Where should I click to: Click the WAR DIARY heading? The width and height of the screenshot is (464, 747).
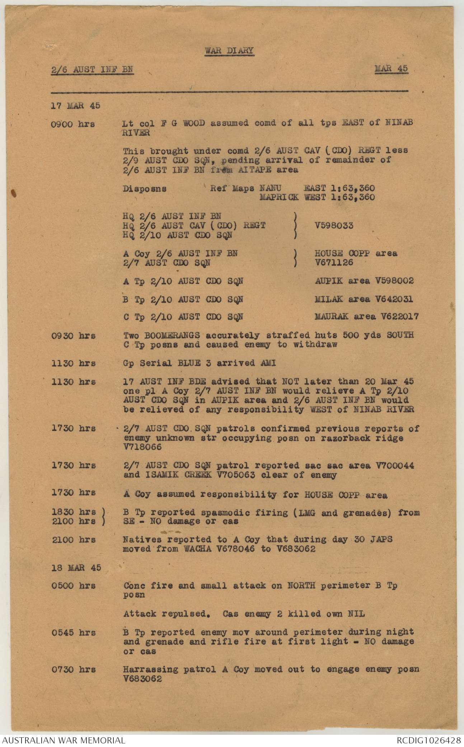point(229,51)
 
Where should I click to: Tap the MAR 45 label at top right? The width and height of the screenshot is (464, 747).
point(391,69)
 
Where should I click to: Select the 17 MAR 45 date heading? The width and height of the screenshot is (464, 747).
point(75,105)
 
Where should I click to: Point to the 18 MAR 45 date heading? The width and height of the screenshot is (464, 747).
point(76,568)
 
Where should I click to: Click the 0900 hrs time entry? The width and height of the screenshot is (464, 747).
point(73,125)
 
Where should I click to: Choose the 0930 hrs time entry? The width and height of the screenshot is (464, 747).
point(74,336)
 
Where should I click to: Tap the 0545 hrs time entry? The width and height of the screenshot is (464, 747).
point(74,633)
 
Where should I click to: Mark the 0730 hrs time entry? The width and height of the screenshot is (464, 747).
point(74,670)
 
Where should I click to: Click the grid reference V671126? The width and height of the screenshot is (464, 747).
point(334,263)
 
